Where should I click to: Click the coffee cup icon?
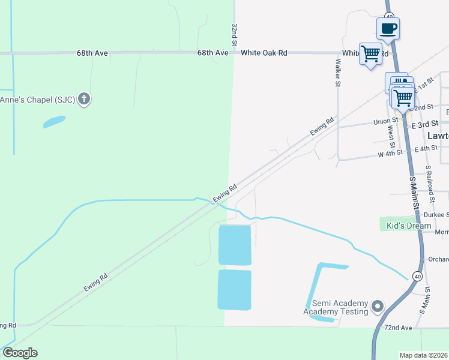(x=388, y=28)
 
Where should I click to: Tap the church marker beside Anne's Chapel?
(x=85, y=99)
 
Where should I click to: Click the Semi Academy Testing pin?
(x=378, y=307)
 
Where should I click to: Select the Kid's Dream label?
(x=408, y=226)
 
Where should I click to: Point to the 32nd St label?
(x=234, y=35)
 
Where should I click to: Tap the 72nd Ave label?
(x=398, y=328)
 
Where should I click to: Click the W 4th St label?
(x=391, y=155)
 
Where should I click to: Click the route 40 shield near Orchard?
(x=417, y=275)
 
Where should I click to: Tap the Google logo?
(x=20, y=353)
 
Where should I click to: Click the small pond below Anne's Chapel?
(x=54, y=122)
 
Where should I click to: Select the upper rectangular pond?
(x=235, y=245)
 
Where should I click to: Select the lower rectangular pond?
(x=235, y=290)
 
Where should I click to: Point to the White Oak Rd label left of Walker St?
(x=264, y=53)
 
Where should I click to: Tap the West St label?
(x=391, y=137)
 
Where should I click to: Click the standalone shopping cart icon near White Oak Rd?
(x=370, y=53)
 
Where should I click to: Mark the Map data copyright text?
(x=424, y=355)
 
